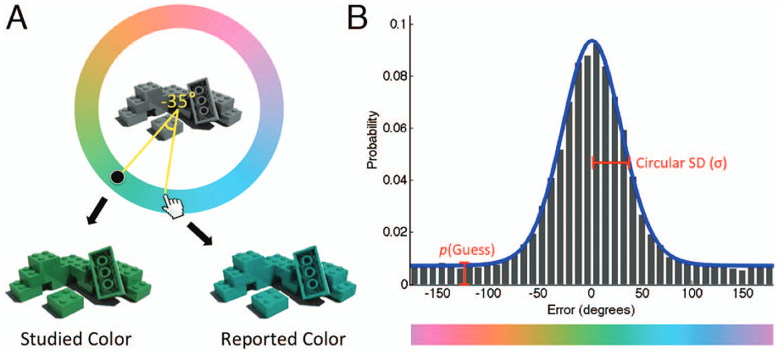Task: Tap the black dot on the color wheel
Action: pyautogui.click(x=118, y=177)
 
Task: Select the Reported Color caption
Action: pyautogui.click(x=283, y=340)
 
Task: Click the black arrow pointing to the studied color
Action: pyautogui.click(x=96, y=209)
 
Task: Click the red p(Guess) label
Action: pyautogui.click(x=466, y=250)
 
